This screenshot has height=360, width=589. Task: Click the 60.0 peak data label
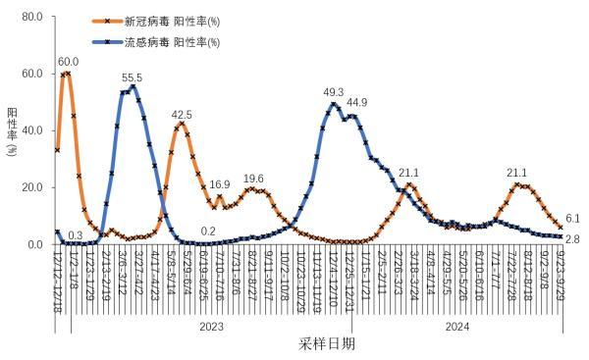69,62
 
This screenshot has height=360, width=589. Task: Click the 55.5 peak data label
133,77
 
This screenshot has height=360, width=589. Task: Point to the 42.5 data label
182,114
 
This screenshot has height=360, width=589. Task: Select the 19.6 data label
253,179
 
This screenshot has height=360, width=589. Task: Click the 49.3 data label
334,92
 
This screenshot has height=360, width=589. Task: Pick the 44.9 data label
356,102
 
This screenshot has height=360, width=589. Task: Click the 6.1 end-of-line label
574,219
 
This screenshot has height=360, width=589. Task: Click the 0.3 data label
76,235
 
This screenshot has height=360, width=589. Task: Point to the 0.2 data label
208,231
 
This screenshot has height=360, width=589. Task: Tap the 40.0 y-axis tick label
30,131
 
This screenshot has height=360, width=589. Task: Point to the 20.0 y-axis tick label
30,188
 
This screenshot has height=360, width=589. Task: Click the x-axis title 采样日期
327,344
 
